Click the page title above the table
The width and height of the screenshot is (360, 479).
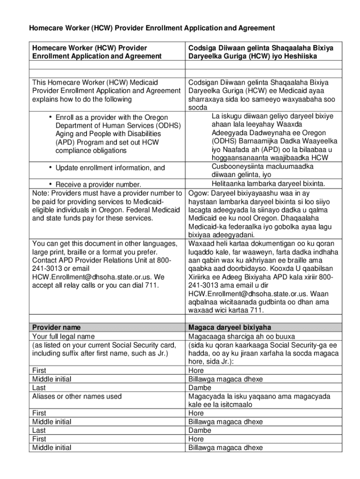pyautogui.click(x=152, y=29)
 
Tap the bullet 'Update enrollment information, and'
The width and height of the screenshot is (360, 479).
pyautogui.click(x=110, y=167)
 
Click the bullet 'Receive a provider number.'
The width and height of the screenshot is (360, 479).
pyautogui.click(x=98, y=185)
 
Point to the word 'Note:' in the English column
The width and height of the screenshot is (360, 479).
pyautogui.click(x=40, y=193)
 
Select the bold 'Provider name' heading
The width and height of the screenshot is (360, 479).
pyautogui.click(x=56, y=327)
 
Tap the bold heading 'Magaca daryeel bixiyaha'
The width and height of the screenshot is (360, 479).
pyautogui.click(x=229, y=327)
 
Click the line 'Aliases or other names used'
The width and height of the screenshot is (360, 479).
pyautogui.click(x=77, y=396)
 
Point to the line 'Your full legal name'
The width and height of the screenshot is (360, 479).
pyautogui.click(x=63, y=336)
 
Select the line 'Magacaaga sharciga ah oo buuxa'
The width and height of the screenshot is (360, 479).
pyautogui.click(x=241, y=336)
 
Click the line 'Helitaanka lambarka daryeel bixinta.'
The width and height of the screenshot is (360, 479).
pyautogui.click(x=268, y=184)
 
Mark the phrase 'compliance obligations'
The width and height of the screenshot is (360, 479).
pyautogui.click(x=91, y=151)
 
